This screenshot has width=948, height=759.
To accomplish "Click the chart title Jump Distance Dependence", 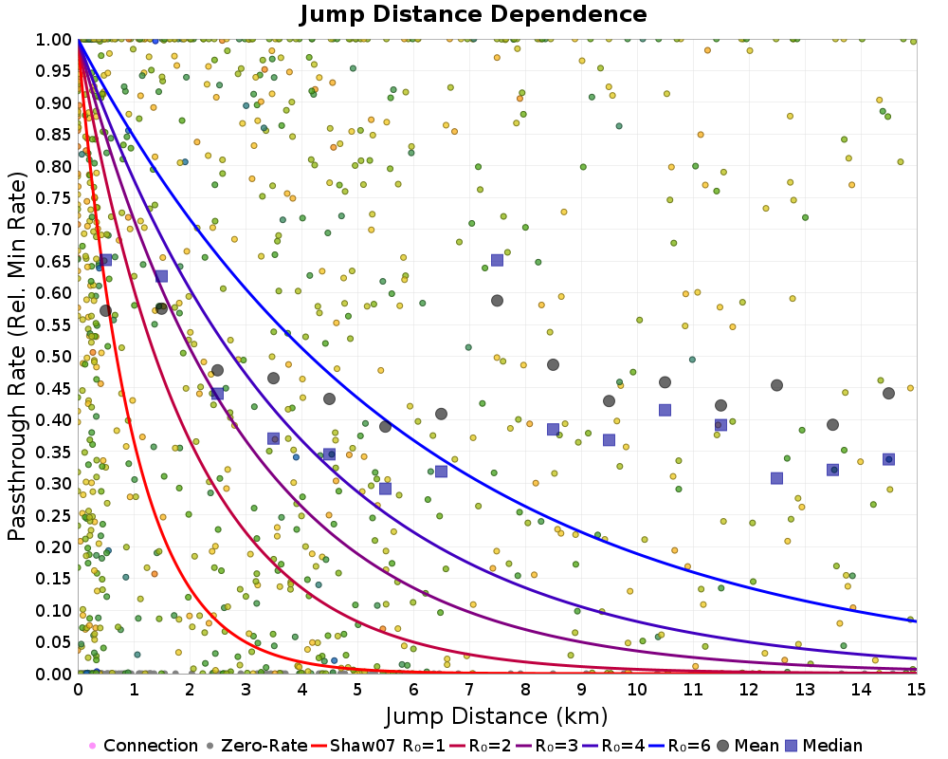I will (x=473, y=14).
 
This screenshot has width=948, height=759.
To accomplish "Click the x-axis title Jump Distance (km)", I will (x=496, y=714).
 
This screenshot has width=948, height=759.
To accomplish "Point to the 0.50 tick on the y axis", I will (x=56, y=356).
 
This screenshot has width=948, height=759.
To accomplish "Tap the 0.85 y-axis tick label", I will (x=56, y=134).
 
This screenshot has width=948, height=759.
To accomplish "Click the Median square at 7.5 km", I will (x=497, y=260).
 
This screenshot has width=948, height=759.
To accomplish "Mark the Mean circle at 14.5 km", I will (x=888, y=394).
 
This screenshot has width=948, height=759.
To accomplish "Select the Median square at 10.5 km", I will (x=665, y=410).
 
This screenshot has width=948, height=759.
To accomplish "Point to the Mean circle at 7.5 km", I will (x=497, y=301).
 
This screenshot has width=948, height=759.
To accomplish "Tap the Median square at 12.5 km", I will (x=776, y=478).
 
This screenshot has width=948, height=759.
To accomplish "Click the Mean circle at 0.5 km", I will (x=105, y=310).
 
